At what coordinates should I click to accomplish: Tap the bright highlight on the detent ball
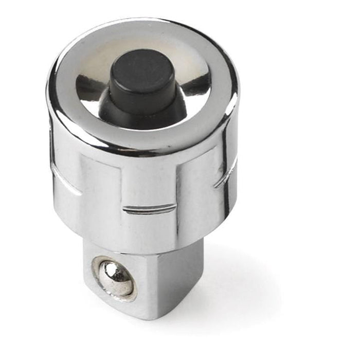tap(110, 271)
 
